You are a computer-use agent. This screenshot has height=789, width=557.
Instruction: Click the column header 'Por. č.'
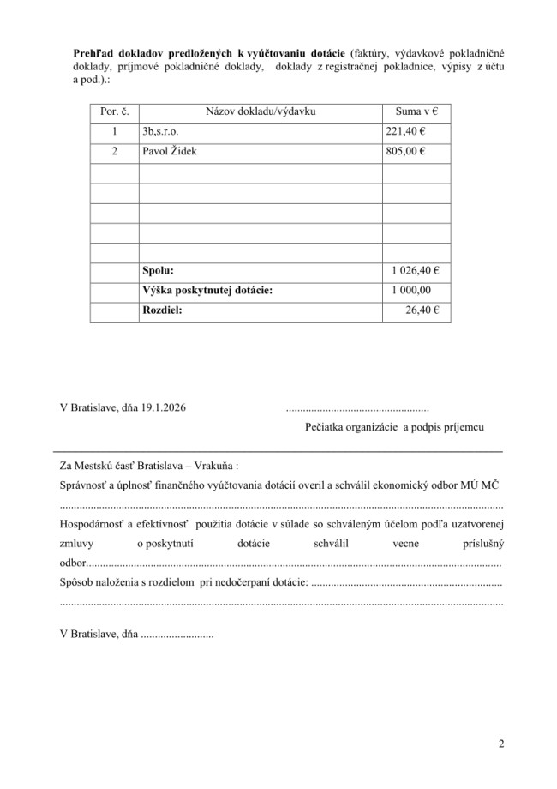114,111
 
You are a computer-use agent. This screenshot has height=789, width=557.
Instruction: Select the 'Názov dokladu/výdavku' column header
261,111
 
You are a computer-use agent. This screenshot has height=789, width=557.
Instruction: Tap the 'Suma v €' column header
416,111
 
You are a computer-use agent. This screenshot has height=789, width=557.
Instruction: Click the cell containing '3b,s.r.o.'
163,132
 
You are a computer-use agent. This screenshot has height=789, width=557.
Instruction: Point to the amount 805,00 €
407,152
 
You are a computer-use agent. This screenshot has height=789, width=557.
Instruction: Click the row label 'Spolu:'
159,271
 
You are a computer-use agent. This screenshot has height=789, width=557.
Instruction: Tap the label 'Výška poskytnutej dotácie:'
207,291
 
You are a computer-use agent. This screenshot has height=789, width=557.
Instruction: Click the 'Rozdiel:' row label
163,311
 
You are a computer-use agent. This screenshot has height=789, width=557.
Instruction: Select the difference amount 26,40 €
423,311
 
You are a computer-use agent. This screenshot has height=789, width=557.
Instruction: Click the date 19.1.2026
163,407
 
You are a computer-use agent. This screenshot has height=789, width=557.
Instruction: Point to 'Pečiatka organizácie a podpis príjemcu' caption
394,426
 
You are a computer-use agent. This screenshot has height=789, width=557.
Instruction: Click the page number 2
500,743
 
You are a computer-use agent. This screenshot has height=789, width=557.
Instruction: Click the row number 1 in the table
114,132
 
